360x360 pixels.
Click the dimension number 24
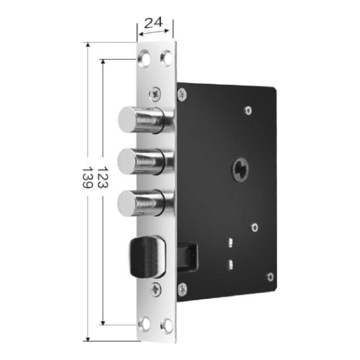click(x=154, y=23)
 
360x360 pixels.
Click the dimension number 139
click(x=88, y=178)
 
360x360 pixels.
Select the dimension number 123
click(x=103, y=178)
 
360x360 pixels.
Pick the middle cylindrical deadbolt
click(x=145, y=161)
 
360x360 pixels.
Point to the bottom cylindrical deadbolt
click(x=145, y=203)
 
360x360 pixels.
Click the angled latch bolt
click(x=148, y=257)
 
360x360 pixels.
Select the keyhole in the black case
click(x=241, y=170)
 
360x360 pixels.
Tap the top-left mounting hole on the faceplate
click(x=144, y=59)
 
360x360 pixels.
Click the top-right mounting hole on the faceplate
click(x=167, y=59)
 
